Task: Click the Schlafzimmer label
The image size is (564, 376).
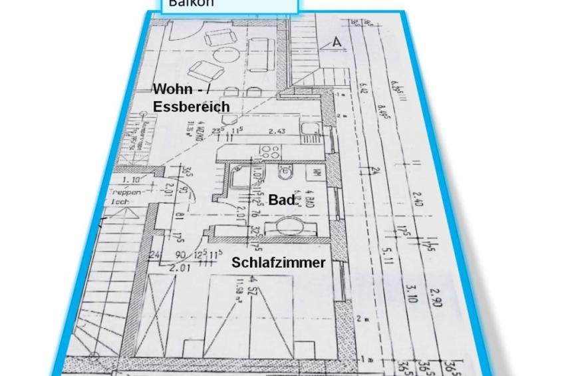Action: pos(279,263)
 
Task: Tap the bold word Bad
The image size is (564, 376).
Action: pos(281,200)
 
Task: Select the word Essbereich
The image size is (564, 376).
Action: pos(192,106)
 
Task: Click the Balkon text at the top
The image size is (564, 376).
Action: pos(186,3)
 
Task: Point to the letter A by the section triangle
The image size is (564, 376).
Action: pos(337,43)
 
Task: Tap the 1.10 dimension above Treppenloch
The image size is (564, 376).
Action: pos(131,180)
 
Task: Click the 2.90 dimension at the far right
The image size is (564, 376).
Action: pos(436,299)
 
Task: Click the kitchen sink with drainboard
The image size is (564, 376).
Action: pos(309,133)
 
